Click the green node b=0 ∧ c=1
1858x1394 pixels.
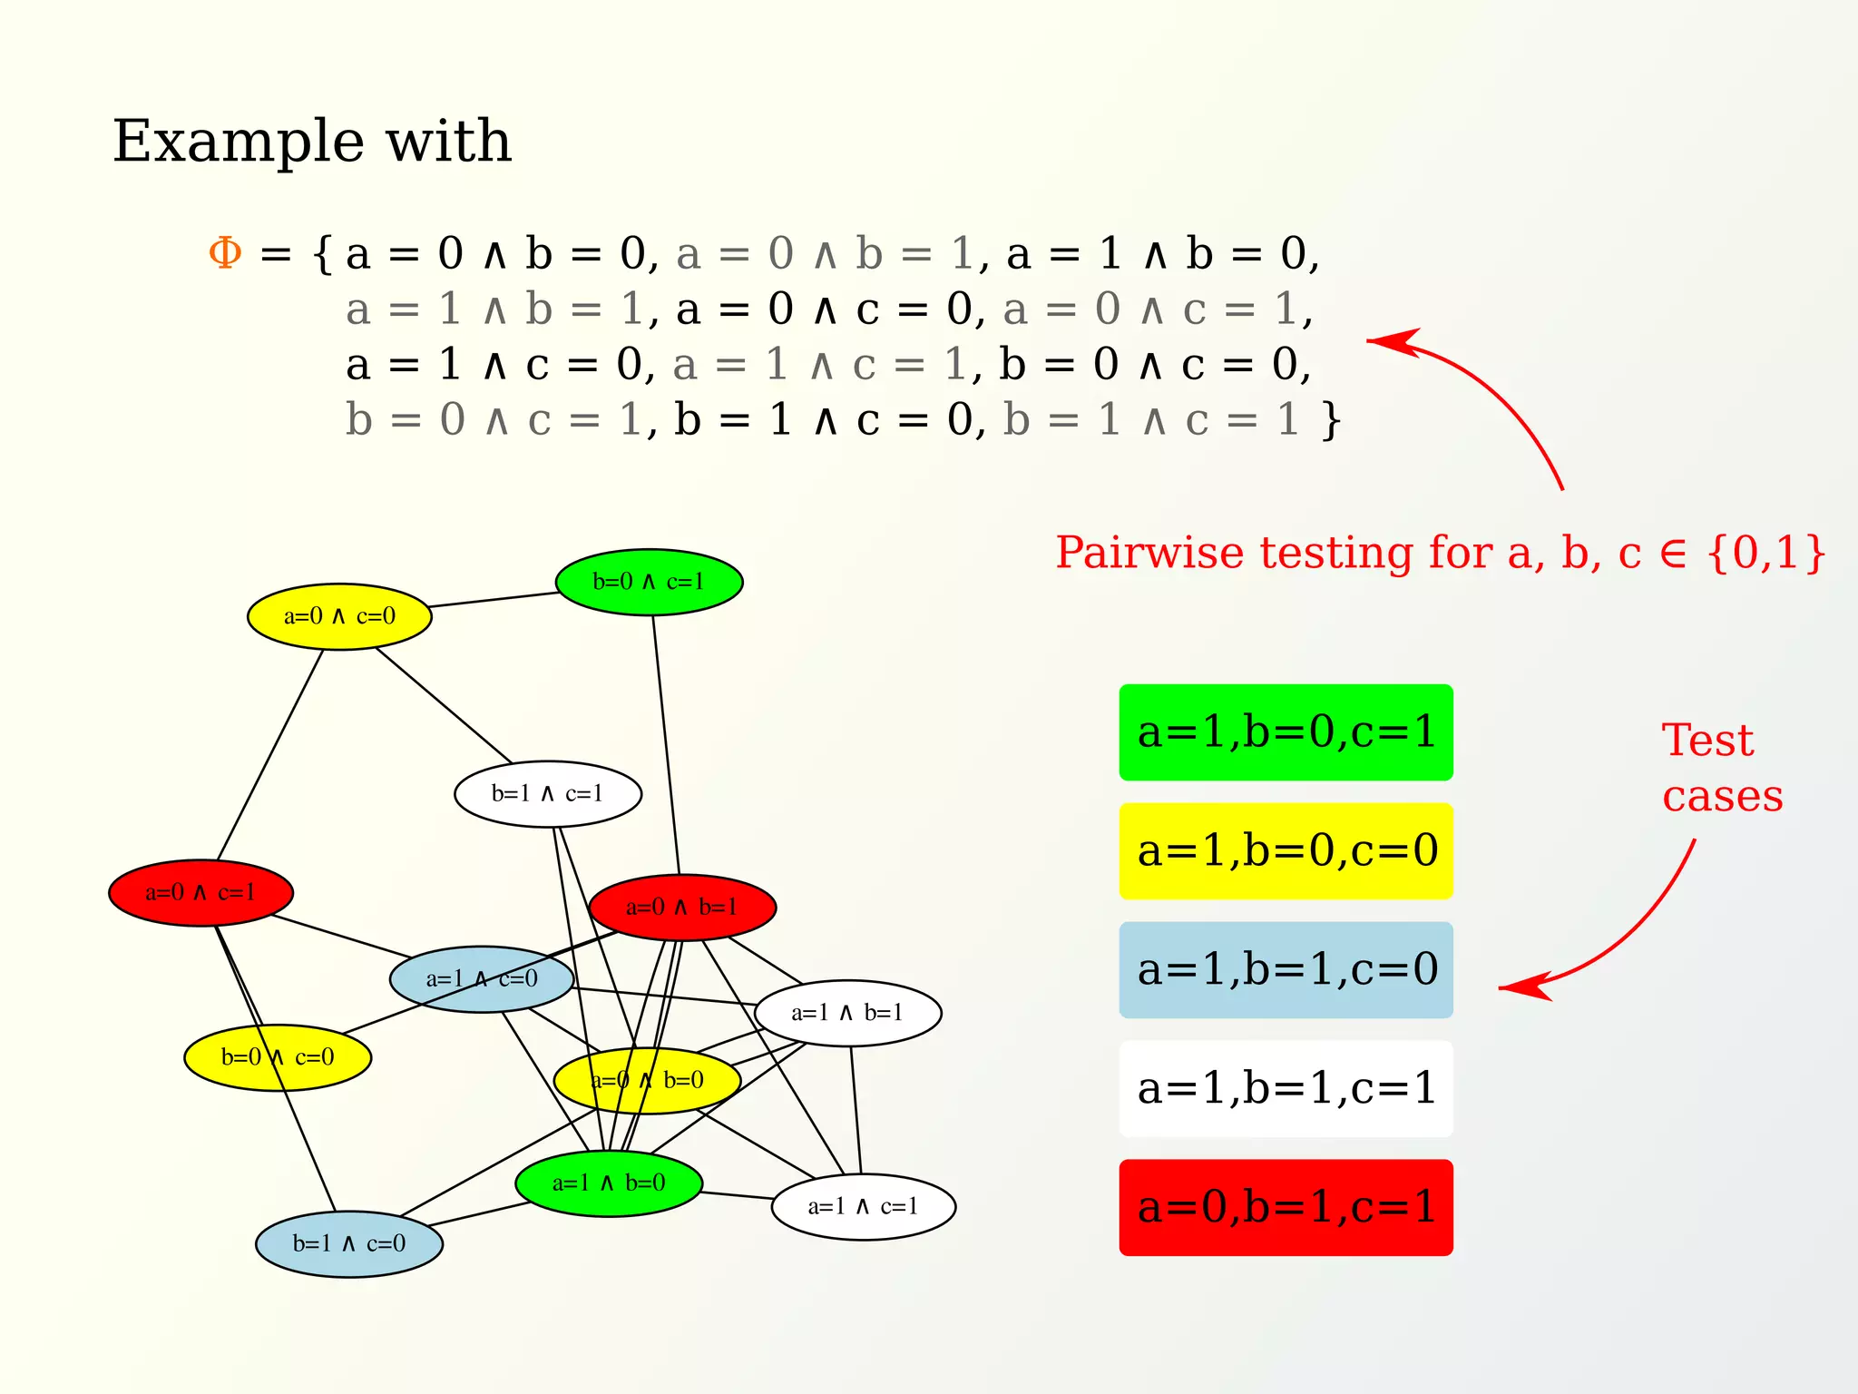coord(649,582)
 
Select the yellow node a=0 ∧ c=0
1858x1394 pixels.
coord(339,616)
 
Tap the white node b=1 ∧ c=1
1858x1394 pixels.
coord(548,794)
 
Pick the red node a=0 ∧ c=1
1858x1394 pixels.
coord(200,893)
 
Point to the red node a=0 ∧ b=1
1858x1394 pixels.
coord(682,907)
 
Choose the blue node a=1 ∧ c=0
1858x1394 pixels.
coord(482,979)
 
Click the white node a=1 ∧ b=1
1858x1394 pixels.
coord(847,1013)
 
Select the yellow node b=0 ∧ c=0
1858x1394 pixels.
coord(278,1057)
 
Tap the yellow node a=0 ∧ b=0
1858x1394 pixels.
coord(647,1080)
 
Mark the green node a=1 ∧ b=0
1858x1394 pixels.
coord(609,1183)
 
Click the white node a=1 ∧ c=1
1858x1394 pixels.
coord(863,1206)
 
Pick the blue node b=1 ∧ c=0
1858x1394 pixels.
coord(349,1243)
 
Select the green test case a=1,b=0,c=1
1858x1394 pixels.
coord(1286,732)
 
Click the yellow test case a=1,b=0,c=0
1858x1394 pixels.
coord(1286,851)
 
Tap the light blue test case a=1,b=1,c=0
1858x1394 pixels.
coord(1286,970)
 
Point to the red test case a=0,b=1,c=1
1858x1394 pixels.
coord(1286,1208)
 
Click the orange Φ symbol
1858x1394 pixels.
coord(225,253)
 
